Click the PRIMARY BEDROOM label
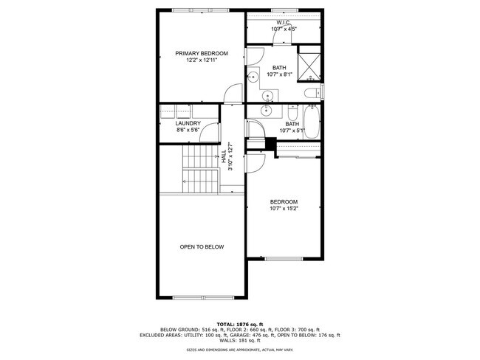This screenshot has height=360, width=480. pos(201,53)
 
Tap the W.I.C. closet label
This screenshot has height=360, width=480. pos(284,23)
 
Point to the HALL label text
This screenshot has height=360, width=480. pos(223,156)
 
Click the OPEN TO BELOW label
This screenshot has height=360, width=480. pos(202,246)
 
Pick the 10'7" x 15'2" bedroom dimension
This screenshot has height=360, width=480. pos(284,209)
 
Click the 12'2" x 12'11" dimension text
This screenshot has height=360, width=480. pos(201,60)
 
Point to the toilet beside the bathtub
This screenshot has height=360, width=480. pos(292,117)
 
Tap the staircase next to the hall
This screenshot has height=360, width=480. pos(199,168)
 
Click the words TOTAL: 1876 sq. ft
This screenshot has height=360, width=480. pos(240,323)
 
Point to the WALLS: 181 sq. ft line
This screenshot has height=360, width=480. pos(240,340)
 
